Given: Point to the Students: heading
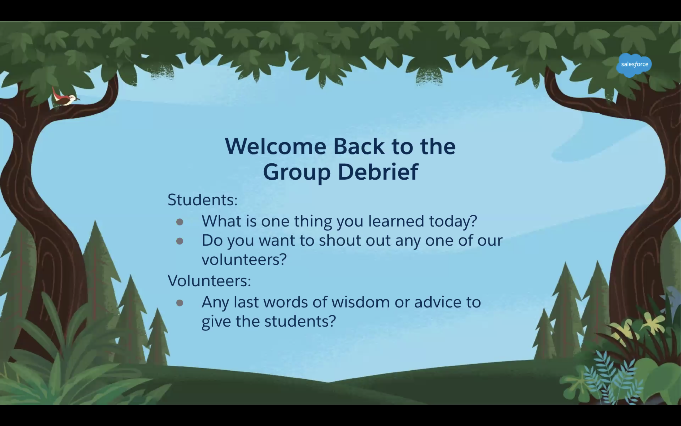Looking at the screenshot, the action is click(x=203, y=200).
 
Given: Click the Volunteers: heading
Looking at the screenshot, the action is click(x=209, y=281).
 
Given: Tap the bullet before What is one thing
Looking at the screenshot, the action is click(x=179, y=222).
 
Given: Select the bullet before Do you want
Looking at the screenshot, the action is click(x=179, y=241).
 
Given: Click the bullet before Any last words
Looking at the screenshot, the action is click(x=179, y=303).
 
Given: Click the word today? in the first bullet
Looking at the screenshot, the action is click(x=453, y=222).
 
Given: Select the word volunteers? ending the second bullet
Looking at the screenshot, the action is click(x=244, y=259).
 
